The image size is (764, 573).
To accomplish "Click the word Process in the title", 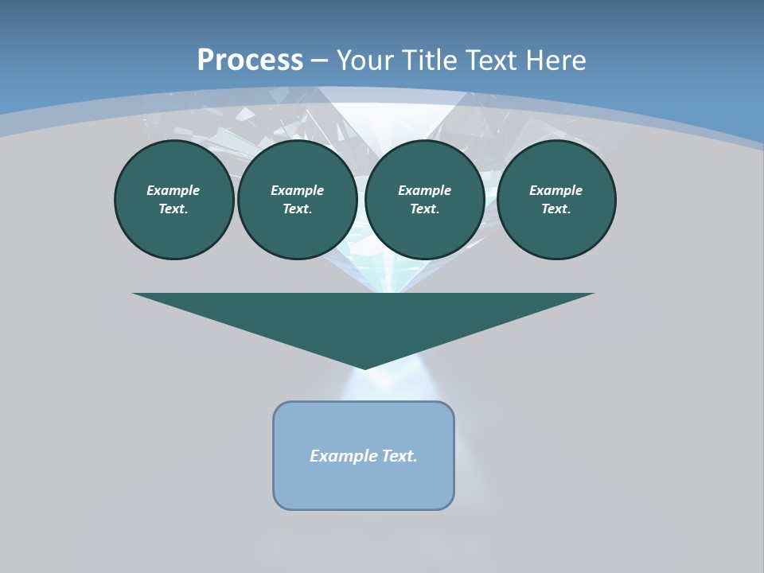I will click(250, 60).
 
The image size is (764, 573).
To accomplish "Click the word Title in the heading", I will click(429, 60).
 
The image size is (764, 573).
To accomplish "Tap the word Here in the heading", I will click(555, 60).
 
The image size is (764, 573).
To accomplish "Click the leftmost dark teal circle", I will click(173, 200).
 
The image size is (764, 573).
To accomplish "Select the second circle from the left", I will click(297, 200).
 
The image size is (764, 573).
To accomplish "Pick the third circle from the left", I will click(424, 200).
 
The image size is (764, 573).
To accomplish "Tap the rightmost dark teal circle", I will click(555, 200).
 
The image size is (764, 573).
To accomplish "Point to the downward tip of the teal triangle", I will click(364, 367).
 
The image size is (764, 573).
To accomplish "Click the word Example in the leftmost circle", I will click(173, 190).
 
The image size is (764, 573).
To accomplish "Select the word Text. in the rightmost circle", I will click(555, 209).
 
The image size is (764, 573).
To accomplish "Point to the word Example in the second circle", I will click(297, 190).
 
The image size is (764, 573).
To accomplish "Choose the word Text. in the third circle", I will click(424, 209).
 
